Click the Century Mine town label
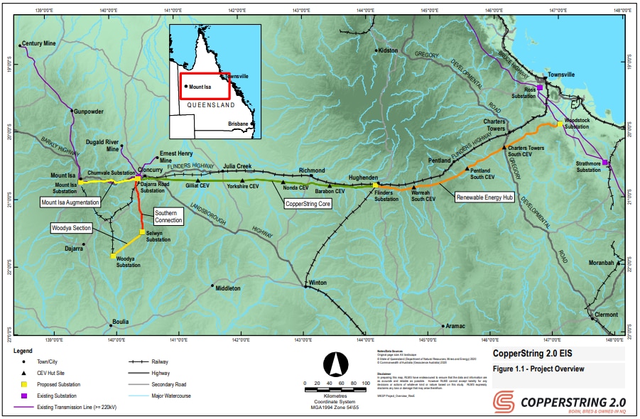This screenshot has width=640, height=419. tap(39, 43)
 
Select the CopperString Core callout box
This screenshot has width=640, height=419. tap(308, 203)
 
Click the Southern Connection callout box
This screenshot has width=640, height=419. tap(169, 217)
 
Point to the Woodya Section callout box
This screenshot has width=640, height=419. tap(71, 228)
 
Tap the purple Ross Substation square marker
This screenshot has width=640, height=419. tap(540, 87)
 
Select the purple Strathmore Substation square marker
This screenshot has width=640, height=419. tap(605, 163)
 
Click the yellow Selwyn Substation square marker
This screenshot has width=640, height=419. tap(142, 232)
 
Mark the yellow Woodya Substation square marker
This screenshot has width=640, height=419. tap(113, 256)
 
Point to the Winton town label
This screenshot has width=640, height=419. tap(318, 283)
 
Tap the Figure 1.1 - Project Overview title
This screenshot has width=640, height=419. tap(540, 369)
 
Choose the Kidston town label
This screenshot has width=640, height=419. tap(389, 50)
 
